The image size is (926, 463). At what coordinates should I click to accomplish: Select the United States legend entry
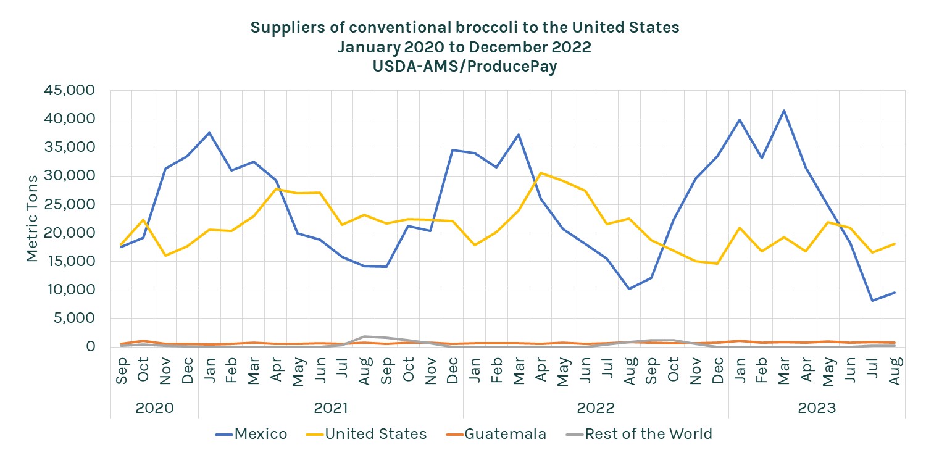(x=367, y=434)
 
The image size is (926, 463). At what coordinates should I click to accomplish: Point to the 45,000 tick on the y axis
(x=69, y=91)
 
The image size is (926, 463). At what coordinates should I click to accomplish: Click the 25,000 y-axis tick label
(x=69, y=204)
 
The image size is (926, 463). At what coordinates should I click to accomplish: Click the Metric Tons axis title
(x=32, y=217)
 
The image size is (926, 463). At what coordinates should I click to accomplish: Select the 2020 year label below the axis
(x=154, y=408)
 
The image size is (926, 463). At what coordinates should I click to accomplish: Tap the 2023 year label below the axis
(x=817, y=408)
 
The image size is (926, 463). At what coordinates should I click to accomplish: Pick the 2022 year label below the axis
(x=596, y=408)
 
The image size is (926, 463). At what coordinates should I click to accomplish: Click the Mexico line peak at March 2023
(x=784, y=111)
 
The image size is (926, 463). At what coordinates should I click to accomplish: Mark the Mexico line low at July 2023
(x=872, y=301)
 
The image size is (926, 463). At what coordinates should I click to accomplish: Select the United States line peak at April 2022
(x=541, y=173)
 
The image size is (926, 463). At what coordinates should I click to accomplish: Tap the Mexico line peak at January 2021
(x=209, y=133)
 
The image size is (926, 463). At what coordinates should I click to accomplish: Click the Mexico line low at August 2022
(x=628, y=289)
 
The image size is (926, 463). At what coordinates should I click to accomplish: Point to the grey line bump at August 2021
(x=364, y=336)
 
